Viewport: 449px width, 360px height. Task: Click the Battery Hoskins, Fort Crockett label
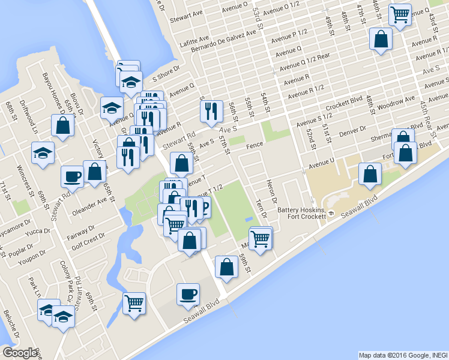301,214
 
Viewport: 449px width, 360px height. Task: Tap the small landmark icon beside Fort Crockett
330,215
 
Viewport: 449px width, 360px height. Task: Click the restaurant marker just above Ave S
211,111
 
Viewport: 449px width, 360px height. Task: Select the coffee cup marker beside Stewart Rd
72,176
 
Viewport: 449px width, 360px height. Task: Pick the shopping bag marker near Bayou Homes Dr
62,126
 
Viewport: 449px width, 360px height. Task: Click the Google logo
20,353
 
